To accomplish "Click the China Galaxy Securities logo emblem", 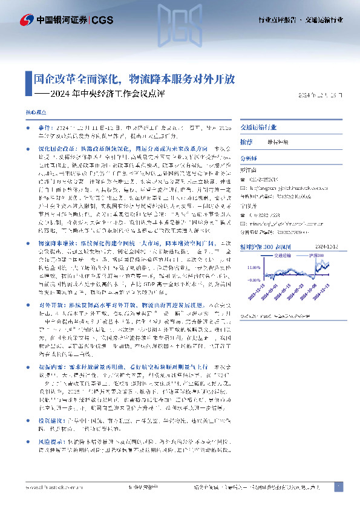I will coord(26,20).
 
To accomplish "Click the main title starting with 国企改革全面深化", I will coord(134,79).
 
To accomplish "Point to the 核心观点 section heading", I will coord(36,113).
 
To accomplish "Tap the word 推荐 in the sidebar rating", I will coord(246,141).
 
